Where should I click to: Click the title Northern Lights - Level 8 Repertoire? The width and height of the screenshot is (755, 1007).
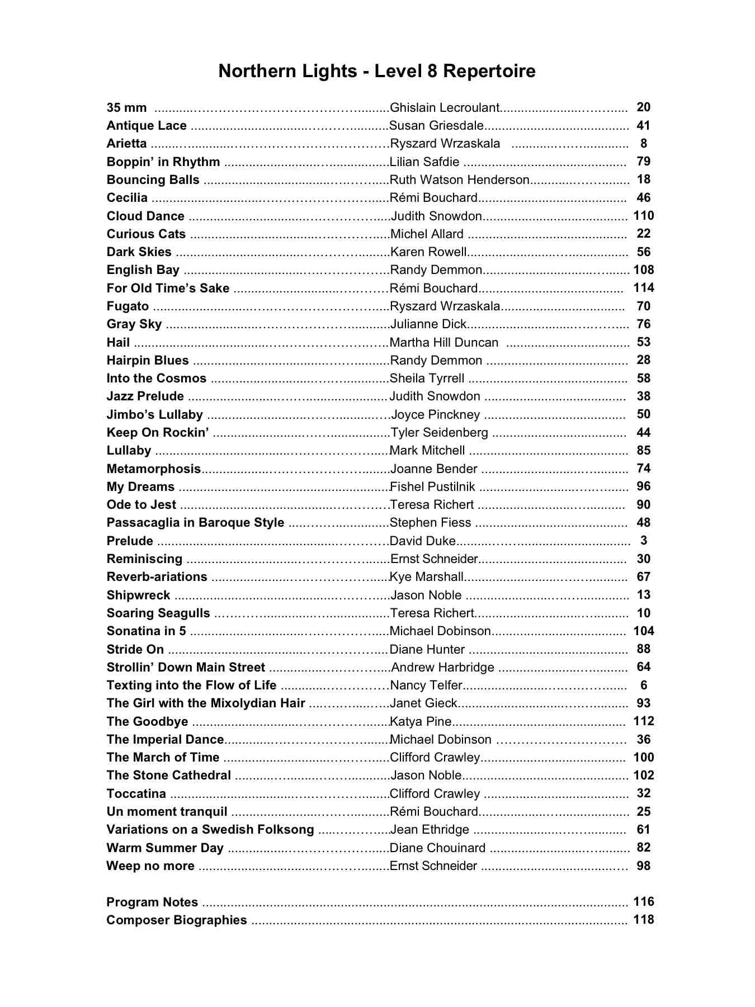point(377,71)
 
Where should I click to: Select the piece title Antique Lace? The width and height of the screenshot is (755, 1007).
point(147,126)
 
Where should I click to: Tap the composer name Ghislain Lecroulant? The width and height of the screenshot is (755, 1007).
point(445,107)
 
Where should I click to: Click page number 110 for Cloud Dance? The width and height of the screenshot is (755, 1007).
point(644,216)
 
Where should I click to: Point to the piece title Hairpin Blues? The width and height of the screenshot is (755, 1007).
point(148,361)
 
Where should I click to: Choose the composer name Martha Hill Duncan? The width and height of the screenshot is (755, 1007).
point(444,343)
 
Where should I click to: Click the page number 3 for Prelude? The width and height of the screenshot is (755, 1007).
point(644,541)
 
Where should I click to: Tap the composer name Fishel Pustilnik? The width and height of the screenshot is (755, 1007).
point(432,487)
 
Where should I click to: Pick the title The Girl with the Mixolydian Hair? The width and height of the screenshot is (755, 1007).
point(206,703)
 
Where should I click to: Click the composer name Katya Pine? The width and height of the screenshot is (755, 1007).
point(421,721)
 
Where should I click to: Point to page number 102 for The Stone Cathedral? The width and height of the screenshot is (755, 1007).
point(644,776)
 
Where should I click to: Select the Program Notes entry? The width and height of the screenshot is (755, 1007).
point(152,902)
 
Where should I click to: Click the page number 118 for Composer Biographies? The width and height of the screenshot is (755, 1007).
point(644,920)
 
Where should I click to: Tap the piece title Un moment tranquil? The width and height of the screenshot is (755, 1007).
point(167,812)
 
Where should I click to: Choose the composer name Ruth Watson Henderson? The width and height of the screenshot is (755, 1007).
point(459,180)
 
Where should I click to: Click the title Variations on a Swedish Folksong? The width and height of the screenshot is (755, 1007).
point(210,830)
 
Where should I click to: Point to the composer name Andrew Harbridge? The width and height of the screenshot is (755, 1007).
point(442,668)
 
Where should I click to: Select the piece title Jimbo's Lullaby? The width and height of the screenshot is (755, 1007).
point(155,415)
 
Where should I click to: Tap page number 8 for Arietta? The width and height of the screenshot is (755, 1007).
point(644,144)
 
